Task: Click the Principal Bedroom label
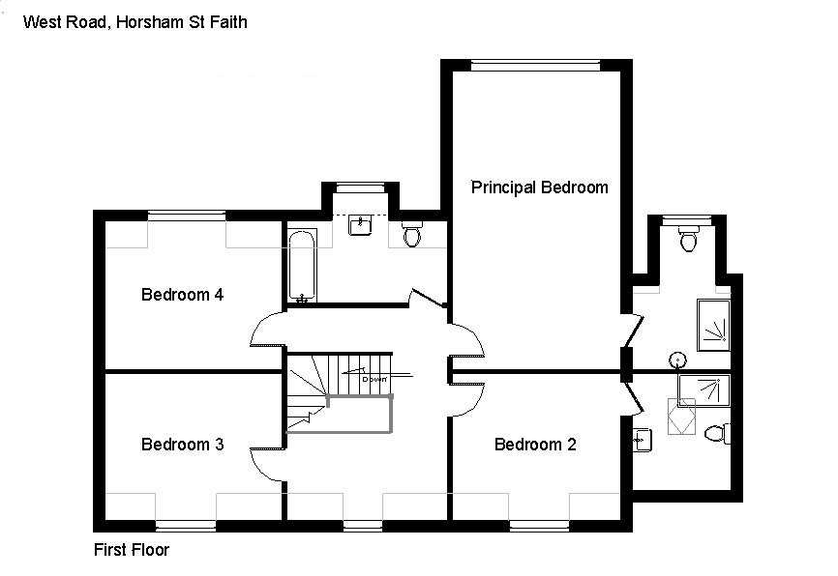click(539, 187)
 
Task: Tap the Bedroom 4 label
click(183, 295)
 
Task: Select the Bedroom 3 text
click(183, 445)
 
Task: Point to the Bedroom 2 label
click(535, 445)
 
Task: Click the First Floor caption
click(132, 551)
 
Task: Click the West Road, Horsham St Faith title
click(135, 21)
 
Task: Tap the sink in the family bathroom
click(360, 225)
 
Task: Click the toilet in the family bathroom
click(411, 236)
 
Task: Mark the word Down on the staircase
click(374, 379)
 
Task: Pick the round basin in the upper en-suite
click(678, 360)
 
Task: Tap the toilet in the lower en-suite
click(717, 432)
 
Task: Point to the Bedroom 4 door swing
click(267, 329)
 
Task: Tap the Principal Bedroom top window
click(535, 65)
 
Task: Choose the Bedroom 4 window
click(187, 216)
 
